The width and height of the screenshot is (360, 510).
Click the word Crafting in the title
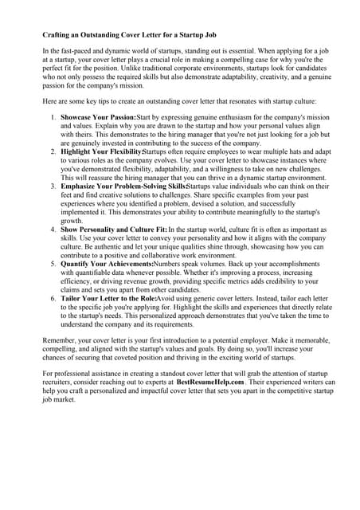(x=56, y=36)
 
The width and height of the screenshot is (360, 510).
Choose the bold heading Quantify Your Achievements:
(x=108, y=262)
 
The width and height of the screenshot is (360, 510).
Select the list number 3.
(x=53, y=186)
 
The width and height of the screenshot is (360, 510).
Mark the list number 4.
(x=53, y=229)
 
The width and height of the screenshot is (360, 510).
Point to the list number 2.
(x=53, y=151)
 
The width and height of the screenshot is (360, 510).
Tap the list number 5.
(x=53, y=262)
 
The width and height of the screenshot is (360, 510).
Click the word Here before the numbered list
(x=50, y=102)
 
